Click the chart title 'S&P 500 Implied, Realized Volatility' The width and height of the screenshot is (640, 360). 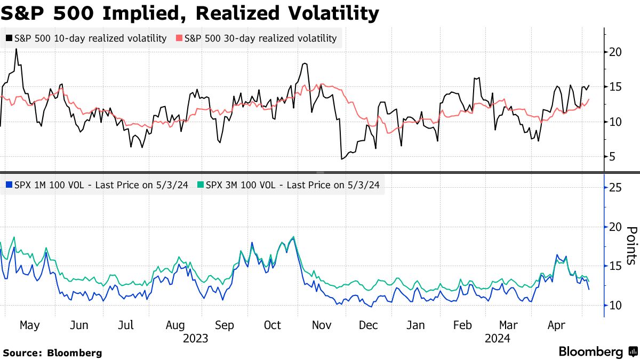(190, 13)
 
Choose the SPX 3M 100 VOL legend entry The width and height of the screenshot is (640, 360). (292, 185)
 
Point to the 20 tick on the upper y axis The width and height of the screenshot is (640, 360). (615, 52)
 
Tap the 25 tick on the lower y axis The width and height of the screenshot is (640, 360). (615, 188)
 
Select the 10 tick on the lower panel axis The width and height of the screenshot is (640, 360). (615, 305)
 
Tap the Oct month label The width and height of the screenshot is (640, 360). (273, 325)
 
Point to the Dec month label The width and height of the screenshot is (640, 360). (369, 325)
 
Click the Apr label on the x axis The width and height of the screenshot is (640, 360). (557, 325)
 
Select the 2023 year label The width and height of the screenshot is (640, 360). (195, 338)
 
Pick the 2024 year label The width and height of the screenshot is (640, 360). (498, 338)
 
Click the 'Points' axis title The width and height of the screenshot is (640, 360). (631, 245)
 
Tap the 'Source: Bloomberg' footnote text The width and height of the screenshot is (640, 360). (52, 353)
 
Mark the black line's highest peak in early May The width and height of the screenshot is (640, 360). (16, 49)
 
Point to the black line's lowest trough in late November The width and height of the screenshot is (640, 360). (341, 159)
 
